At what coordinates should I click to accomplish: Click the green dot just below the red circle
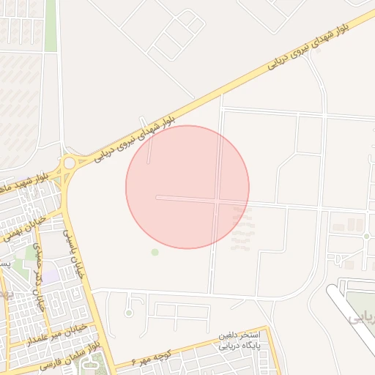point(155,252)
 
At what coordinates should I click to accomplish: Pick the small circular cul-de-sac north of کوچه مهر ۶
point(129,313)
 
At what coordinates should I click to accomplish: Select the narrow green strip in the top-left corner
point(51,26)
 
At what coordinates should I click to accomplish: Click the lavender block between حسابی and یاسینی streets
point(51,278)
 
